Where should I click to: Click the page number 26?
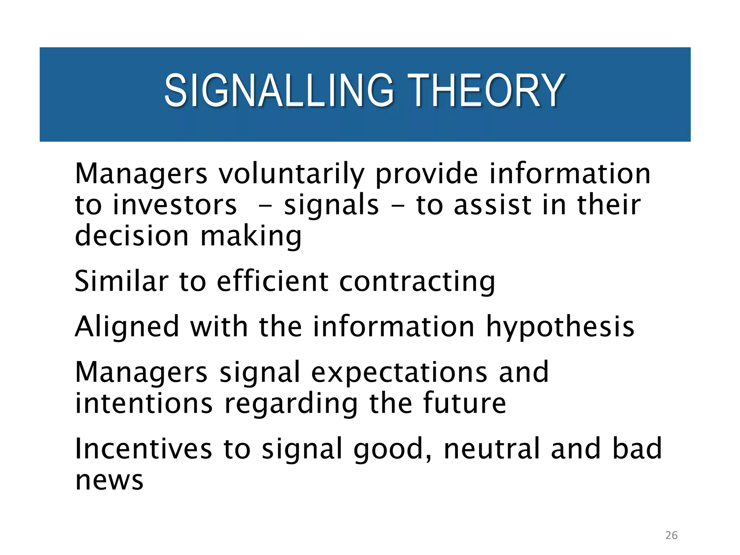tap(671, 535)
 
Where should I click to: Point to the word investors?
tap(175, 205)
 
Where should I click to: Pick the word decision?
tap(132, 236)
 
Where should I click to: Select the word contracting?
tap(417, 282)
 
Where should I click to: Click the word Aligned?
tap(127, 327)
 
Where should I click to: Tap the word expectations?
tap(399, 373)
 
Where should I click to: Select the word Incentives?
tap(143, 449)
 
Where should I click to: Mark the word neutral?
tap(491, 449)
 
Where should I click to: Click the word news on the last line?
tap(109, 481)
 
